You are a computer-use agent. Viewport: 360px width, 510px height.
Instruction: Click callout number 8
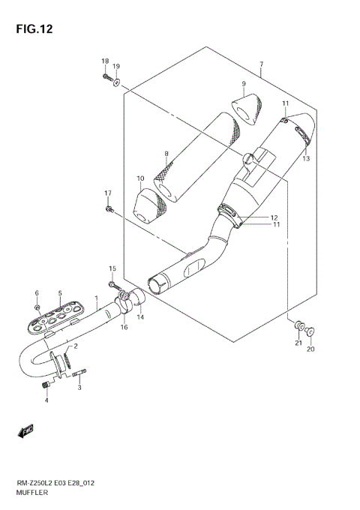coord(166,154)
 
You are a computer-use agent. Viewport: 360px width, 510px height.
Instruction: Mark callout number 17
coord(107,193)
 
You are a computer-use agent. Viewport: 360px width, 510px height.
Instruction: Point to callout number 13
coord(307,158)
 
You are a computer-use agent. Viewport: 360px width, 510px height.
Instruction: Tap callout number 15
coord(112,268)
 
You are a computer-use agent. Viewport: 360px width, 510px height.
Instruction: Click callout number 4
coord(46,400)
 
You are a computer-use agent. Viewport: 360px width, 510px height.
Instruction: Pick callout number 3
coord(79,388)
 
